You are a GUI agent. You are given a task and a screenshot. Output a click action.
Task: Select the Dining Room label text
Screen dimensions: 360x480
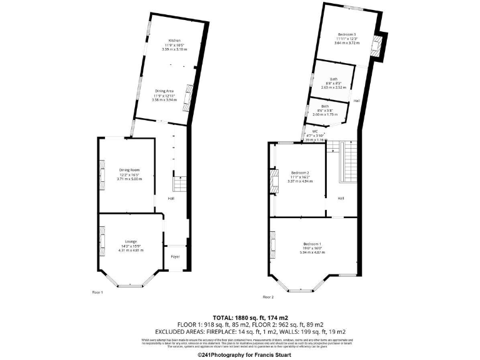tap(129, 170)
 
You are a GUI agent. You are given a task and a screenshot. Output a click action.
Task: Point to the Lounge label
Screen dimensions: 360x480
tap(130, 241)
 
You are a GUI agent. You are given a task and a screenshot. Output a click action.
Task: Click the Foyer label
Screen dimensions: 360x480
tap(175, 255)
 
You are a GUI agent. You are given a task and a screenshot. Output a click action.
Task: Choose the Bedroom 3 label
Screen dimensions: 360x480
tap(347, 34)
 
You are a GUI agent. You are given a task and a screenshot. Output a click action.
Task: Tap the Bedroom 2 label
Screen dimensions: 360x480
tap(301, 172)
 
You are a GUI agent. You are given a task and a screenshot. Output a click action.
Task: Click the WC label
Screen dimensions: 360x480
tap(307, 131)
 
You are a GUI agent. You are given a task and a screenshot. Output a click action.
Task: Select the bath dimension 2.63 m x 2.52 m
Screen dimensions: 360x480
tap(334, 87)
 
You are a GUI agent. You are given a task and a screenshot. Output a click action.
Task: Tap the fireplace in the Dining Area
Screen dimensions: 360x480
tap(186, 99)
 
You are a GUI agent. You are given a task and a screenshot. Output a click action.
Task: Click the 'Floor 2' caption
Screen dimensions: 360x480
tap(268, 297)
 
